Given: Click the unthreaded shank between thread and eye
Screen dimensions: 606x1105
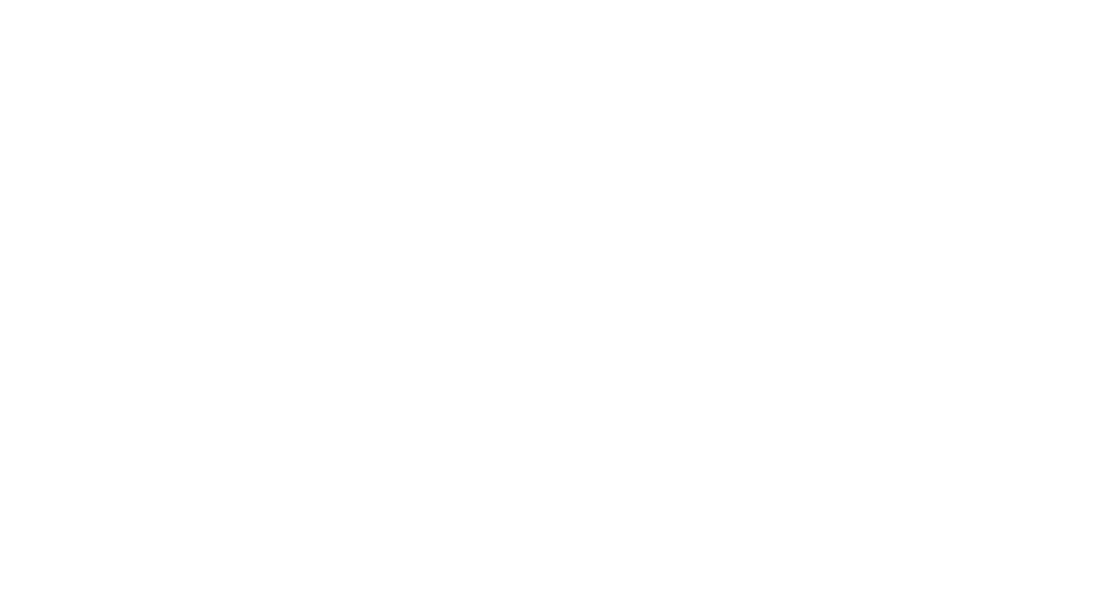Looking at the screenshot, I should (x=471, y=331).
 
